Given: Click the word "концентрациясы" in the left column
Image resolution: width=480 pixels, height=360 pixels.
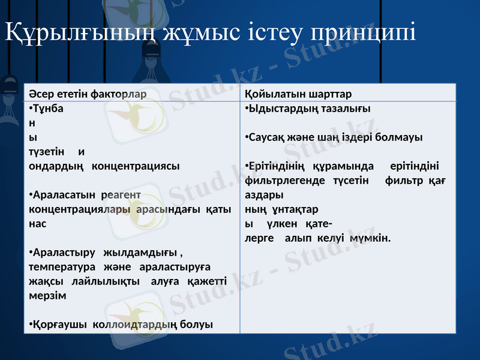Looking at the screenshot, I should pyautogui.click(x=135, y=166).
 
